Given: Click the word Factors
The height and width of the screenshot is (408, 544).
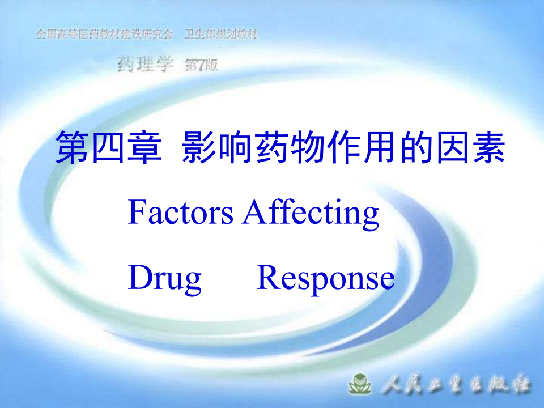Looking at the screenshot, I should tap(181, 212).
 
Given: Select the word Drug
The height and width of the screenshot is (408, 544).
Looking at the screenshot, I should tap(165, 279).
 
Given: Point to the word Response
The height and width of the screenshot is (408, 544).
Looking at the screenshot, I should tap(326, 279).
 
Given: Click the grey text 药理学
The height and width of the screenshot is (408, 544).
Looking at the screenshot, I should tap(144, 65).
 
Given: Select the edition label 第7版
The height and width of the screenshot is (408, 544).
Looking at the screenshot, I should tap(201, 65).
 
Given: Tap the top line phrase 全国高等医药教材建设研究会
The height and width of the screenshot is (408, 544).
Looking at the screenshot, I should tap(104, 35).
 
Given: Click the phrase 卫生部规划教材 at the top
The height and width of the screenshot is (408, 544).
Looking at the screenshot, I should tap(221, 35).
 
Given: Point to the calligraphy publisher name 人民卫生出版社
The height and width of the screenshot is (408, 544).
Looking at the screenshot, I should tap(456, 385).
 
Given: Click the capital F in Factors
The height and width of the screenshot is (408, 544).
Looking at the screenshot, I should tap(136, 212).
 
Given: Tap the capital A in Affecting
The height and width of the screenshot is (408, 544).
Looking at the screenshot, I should tap(254, 212).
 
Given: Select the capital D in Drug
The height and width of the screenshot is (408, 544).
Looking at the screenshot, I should tap(139, 278).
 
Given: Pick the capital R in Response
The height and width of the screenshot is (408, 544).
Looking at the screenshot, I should tap(269, 278).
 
